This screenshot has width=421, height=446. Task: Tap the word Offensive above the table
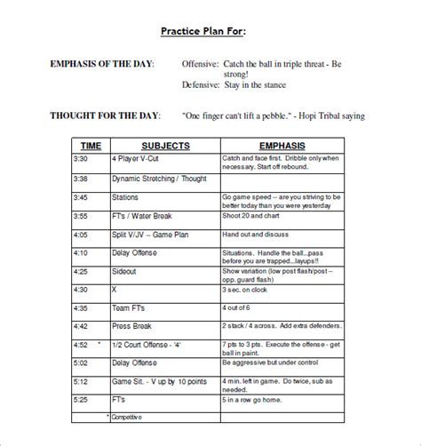tap(204, 65)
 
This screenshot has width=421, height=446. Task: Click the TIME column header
tap(91, 144)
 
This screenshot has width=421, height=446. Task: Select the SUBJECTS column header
tap(163, 144)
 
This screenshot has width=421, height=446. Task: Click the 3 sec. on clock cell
tap(246, 290)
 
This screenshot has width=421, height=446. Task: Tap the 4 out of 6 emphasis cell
tap(237, 308)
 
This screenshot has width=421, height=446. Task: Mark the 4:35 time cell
tap(81, 308)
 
